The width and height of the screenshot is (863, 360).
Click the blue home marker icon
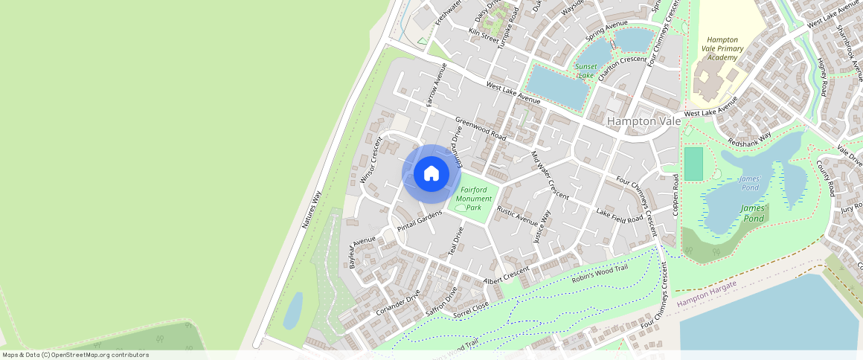(431, 173)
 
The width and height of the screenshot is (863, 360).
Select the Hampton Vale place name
(643, 120)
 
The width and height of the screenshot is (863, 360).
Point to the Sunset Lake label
(586, 71)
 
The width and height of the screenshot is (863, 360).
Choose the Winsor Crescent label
(370, 159)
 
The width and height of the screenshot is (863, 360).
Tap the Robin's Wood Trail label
(600, 274)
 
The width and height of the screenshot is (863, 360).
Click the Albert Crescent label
(506, 275)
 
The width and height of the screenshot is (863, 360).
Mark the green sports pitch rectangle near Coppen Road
(693, 164)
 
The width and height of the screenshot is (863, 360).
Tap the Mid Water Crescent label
(550, 176)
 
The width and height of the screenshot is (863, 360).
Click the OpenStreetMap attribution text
(75, 355)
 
